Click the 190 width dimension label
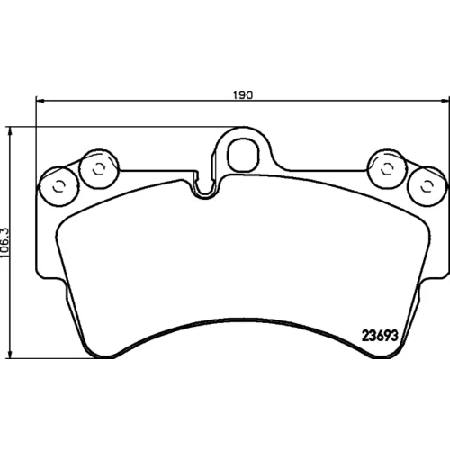point(243,94)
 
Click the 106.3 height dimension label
point(5,242)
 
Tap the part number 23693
point(380,336)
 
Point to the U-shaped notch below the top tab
point(205,187)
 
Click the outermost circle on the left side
point(59,186)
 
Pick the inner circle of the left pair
point(98,169)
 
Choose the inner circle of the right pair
point(387,169)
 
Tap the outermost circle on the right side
point(427,186)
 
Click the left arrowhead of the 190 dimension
point(40,101)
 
